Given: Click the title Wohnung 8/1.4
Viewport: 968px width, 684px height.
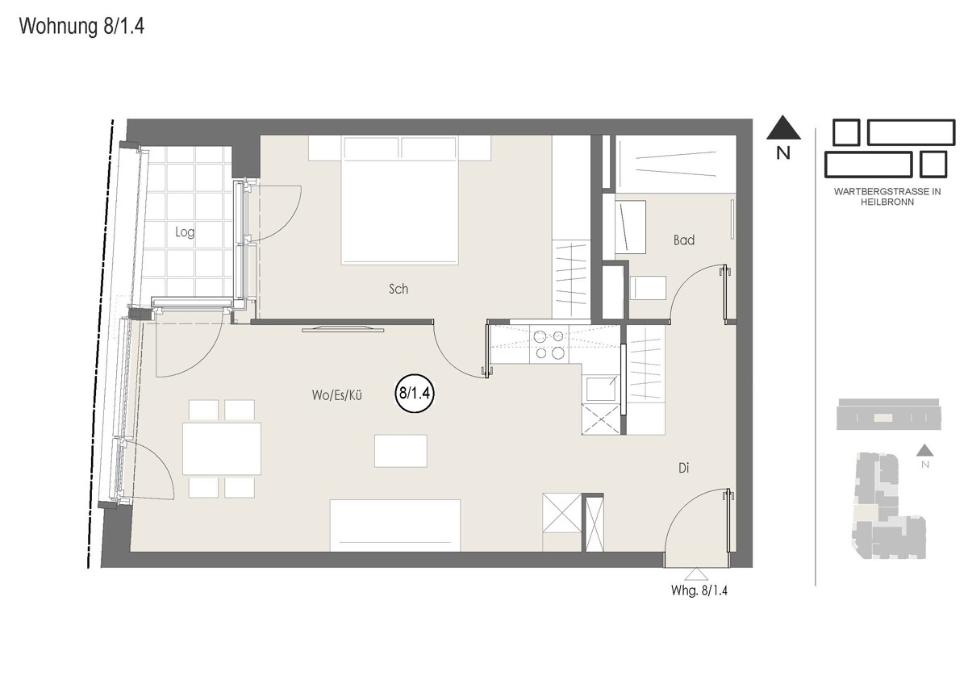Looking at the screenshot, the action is (81, 27).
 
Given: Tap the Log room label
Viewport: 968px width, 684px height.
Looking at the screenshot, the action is (185, 232).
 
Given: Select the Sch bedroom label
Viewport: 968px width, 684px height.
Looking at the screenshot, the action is (398, 289).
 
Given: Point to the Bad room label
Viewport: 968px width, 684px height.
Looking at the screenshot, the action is (684, 240).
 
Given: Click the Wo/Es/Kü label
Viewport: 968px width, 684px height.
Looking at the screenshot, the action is (336, 395).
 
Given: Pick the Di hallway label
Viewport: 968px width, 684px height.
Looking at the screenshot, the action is (683, 468).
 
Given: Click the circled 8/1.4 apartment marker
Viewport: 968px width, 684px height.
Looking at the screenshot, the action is (415, 394).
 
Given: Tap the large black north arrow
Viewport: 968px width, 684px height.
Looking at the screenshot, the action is (783, 127).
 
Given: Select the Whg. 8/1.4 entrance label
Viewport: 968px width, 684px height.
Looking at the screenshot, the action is (699, 590).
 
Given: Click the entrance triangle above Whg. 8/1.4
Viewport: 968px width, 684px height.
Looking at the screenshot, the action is (697, 574).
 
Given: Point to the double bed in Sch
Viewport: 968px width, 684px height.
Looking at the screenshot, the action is (399, 200).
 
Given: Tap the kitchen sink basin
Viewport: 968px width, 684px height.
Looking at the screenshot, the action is (601, 389).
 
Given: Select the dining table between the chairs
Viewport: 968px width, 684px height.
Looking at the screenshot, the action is (222, 449).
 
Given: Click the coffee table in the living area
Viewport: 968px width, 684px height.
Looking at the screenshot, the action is (401, 451).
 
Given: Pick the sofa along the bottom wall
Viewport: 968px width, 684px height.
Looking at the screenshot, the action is (395, 525).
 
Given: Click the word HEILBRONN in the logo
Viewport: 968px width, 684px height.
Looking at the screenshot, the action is (887, 202).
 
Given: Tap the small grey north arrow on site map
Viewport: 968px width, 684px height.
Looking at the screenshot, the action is (924, 450).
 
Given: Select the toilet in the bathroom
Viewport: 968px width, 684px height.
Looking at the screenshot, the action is (648, 288).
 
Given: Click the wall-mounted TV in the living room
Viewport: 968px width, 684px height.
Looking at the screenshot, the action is (343, 330).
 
